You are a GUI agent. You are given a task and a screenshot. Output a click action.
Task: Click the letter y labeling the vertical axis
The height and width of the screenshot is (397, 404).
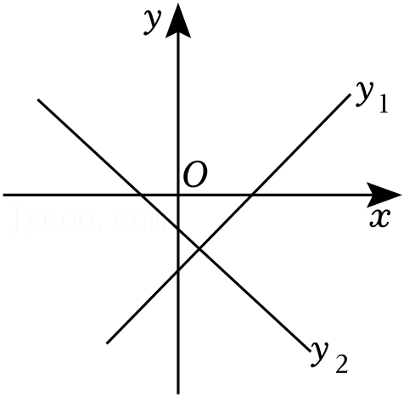click(152, 21)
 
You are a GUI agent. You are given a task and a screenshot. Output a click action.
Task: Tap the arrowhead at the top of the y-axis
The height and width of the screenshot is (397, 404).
click(178, 21)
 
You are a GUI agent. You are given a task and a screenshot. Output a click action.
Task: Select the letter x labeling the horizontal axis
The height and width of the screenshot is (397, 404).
click(380, 218)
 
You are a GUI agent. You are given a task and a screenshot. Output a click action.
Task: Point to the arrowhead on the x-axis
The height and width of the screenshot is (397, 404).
click(384, 195)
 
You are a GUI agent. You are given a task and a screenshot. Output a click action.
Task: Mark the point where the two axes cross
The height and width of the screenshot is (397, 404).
click(178, 195)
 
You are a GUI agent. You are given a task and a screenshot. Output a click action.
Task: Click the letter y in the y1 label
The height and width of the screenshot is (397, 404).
click(364, 94)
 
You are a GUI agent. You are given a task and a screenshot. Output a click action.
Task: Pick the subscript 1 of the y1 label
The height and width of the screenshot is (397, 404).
click(384, 105)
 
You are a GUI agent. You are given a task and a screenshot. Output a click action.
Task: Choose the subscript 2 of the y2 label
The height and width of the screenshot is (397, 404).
click(341, 364)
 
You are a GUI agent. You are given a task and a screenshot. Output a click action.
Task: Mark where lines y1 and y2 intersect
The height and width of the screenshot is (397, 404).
click(199, 249)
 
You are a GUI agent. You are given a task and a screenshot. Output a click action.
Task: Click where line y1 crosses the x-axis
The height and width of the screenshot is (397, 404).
click(251, 195)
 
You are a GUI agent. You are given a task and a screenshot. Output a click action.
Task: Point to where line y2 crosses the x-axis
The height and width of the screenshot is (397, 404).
click(141, 195)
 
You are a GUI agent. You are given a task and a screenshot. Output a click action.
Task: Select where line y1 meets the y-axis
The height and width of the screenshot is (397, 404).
click(178, 271)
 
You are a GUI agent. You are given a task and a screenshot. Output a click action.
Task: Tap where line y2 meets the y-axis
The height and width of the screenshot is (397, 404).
click(178, 229)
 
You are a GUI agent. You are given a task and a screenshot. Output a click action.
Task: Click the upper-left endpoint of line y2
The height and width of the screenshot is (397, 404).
click(38, 99)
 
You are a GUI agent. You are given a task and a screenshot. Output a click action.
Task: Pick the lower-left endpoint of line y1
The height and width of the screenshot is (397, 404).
click(107, 343)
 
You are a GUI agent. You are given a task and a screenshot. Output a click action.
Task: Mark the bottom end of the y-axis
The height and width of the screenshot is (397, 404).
click(178, 394)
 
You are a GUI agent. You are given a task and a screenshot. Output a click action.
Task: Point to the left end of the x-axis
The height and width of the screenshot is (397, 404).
click(3, 195)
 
